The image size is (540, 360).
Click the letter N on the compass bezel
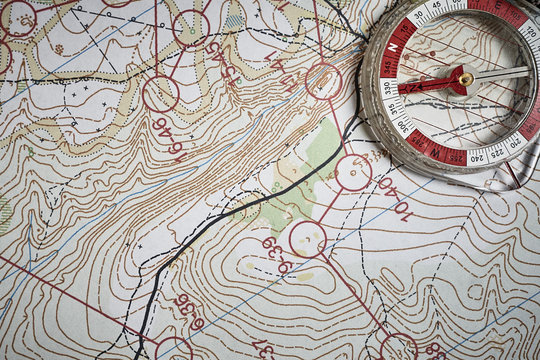[x=392, y=47]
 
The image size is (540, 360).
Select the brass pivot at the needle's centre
[x=465, y=78]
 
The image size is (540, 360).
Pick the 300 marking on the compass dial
[x=403, y=126]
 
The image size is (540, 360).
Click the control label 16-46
[x=168, y=137]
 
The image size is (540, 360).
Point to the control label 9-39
[x=276, y=255]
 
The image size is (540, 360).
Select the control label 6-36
[x=188, y=311]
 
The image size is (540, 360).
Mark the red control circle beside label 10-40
[x=353, y=172]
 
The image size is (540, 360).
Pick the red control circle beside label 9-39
[x=307, y=239]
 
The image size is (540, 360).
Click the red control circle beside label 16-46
[x=160, y=94]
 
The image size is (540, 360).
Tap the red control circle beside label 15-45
[x=190, y=28]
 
